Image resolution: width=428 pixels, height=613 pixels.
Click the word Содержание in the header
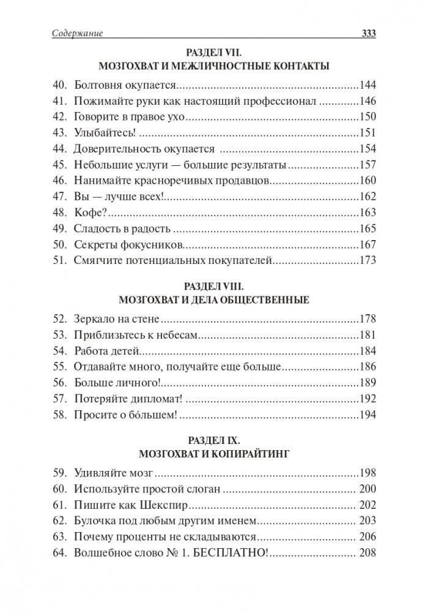click(77, 34)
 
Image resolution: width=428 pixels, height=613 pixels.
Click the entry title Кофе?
click(90, 212)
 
